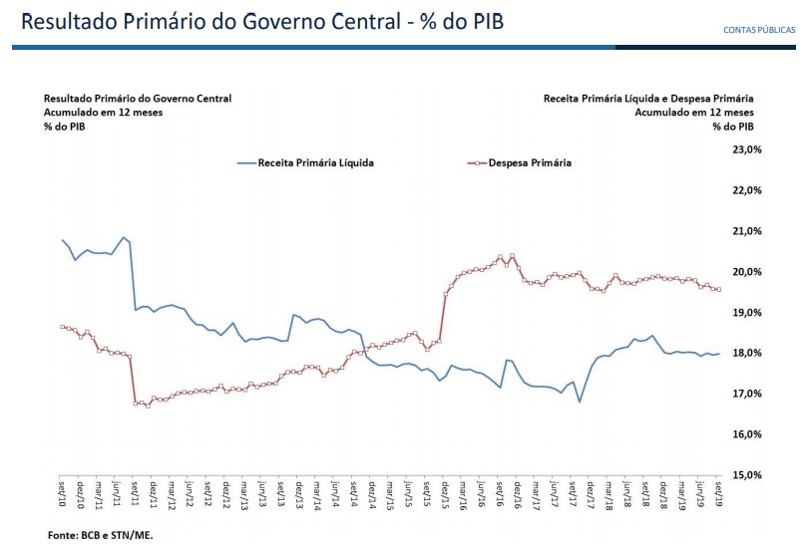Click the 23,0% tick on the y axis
click(747, 149)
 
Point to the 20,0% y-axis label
click(747, 272)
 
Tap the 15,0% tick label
click(747, 475)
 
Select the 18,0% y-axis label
click(747, 353)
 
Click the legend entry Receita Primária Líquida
click(315, 162)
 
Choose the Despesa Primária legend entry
click(530, 162)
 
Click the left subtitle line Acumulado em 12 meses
click(103, 113)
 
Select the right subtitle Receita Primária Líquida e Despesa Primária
click(648, 99)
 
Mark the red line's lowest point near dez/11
click(148, 406)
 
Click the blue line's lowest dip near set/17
click(580, 402)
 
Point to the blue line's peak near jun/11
click(123, 237)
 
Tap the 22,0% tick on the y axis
click(747, 190)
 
